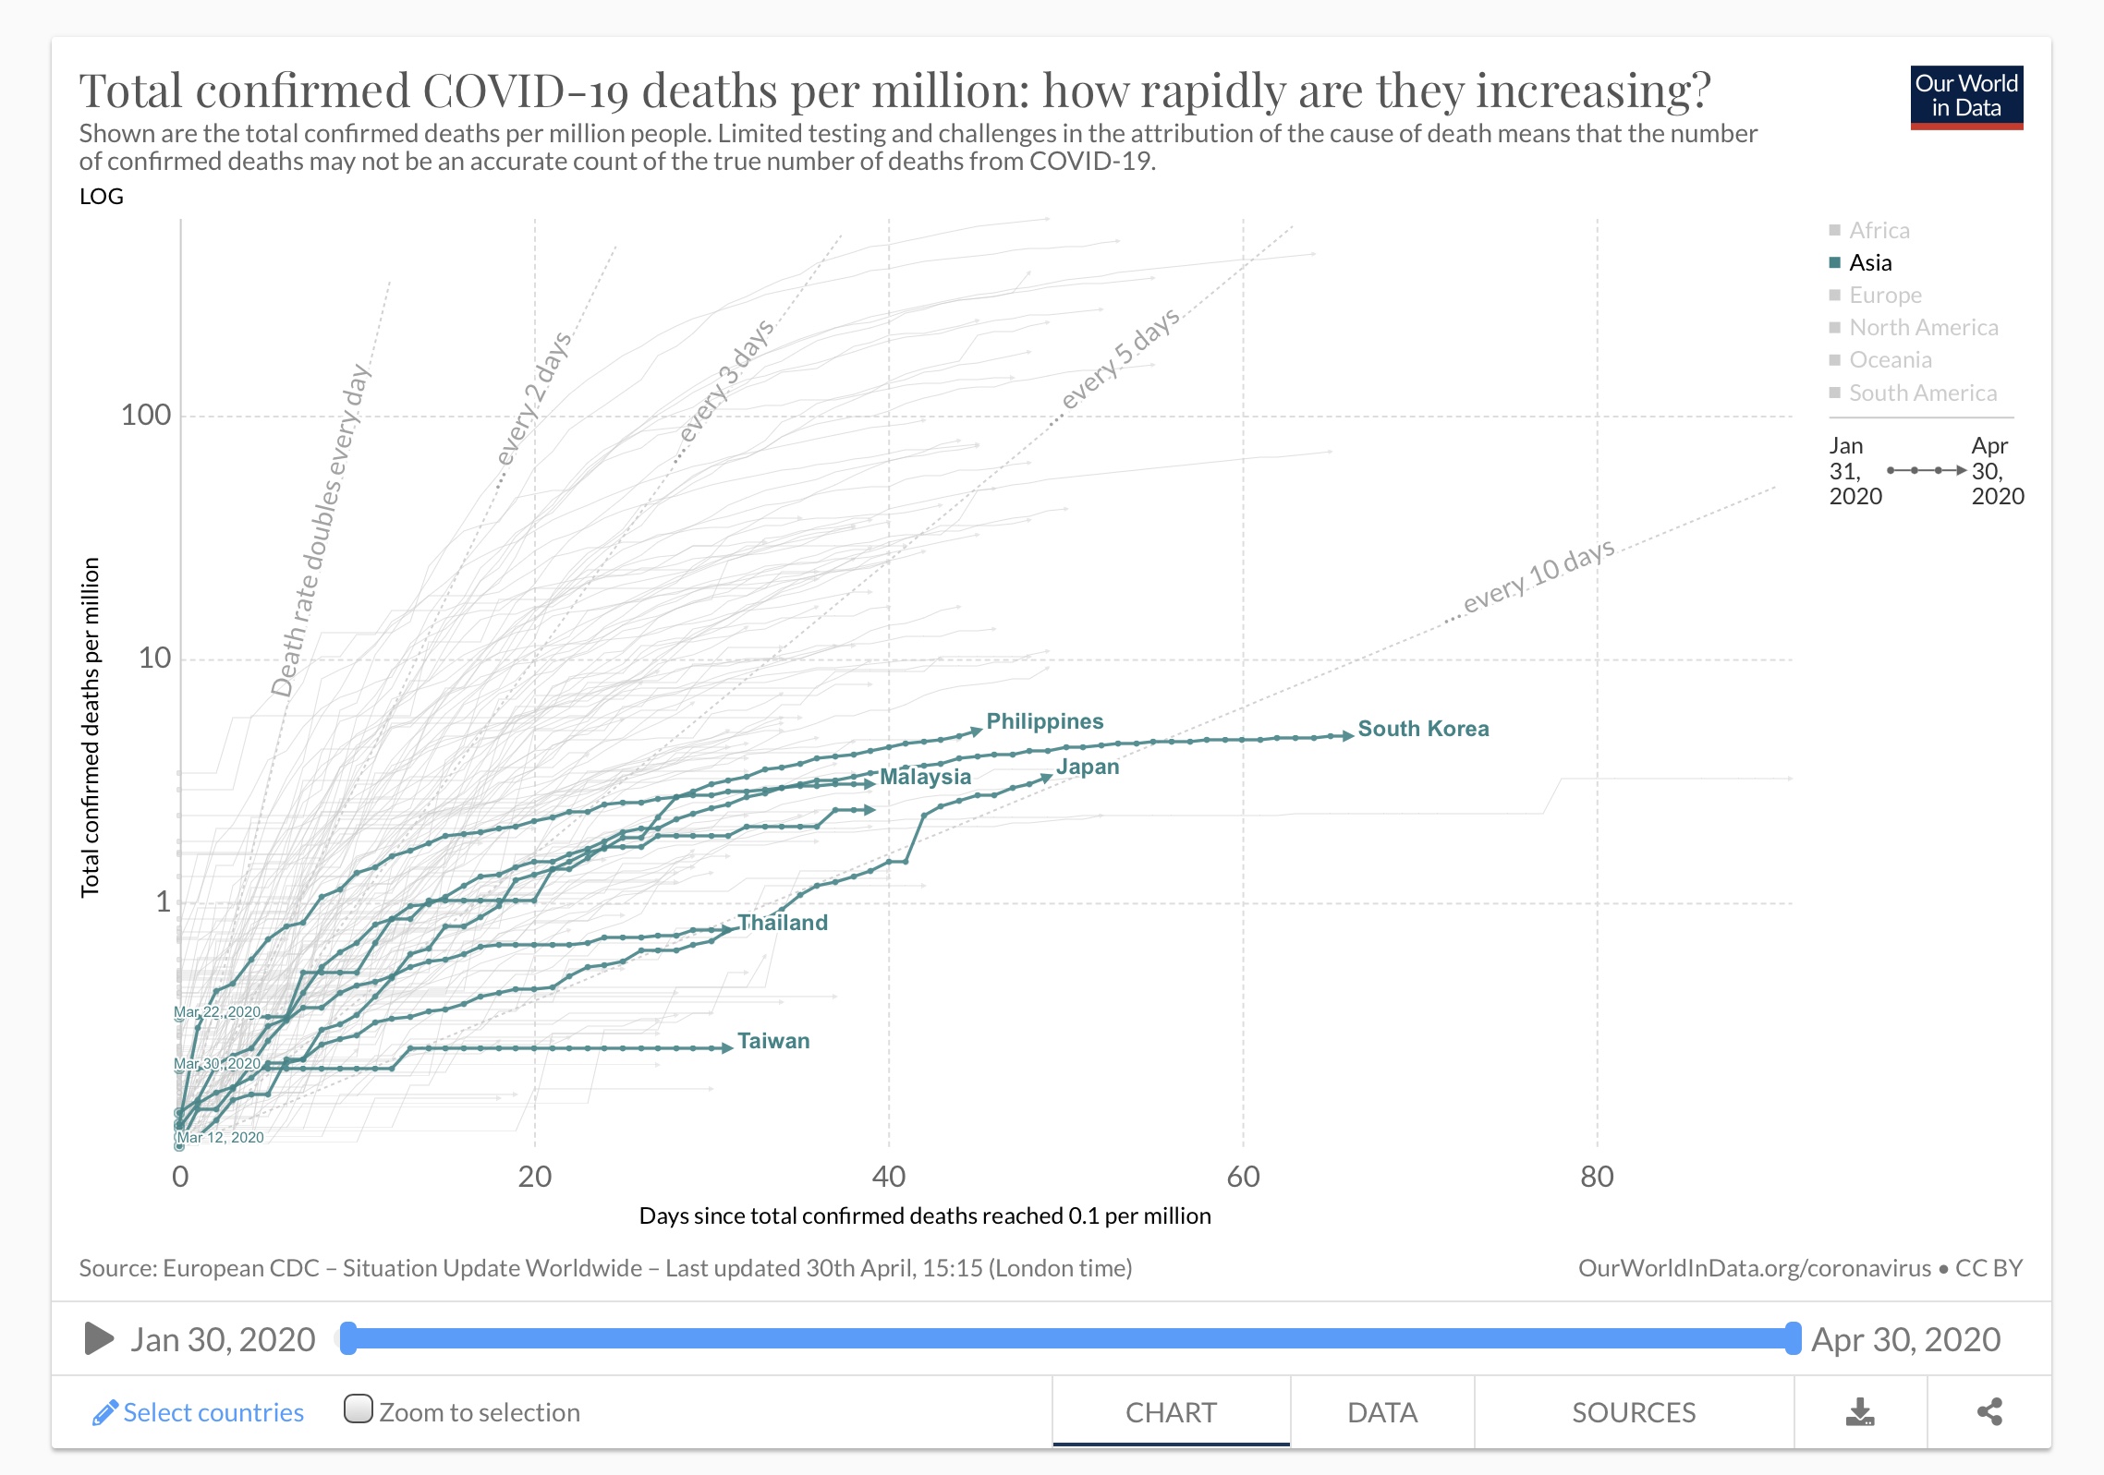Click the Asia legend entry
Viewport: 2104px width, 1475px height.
[x=1869, y=263]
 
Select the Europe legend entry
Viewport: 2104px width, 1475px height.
[x=1884, y=296]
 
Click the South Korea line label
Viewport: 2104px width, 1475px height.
[x=1423, y=729]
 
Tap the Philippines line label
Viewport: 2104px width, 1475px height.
[x=1044, y=721]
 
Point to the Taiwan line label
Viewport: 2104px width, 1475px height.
[x=773, y=1041]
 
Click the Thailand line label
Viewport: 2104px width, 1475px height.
[x=783, y=923]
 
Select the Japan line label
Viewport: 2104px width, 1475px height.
[x=1088, y=767]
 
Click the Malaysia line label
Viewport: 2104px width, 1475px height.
[x=925, y=777]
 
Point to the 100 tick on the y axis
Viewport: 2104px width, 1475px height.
[x=146, y=415]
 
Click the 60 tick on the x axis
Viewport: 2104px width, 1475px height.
[x=1243, y=1177]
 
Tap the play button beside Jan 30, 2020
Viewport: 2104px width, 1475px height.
[x=99, y=1338]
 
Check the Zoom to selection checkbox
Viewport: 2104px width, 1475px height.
[x=359, y=1409]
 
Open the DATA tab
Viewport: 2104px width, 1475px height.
[x=1382, y=1412]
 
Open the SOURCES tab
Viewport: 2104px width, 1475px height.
[x=1634, y=1412]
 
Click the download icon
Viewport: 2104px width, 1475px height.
[x=1860, y=1412]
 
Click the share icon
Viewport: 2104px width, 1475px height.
[x=1989, y=1412]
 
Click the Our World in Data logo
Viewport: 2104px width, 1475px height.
[x=1966, y=97]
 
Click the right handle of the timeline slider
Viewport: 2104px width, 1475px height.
[x=1793, y=1338]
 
